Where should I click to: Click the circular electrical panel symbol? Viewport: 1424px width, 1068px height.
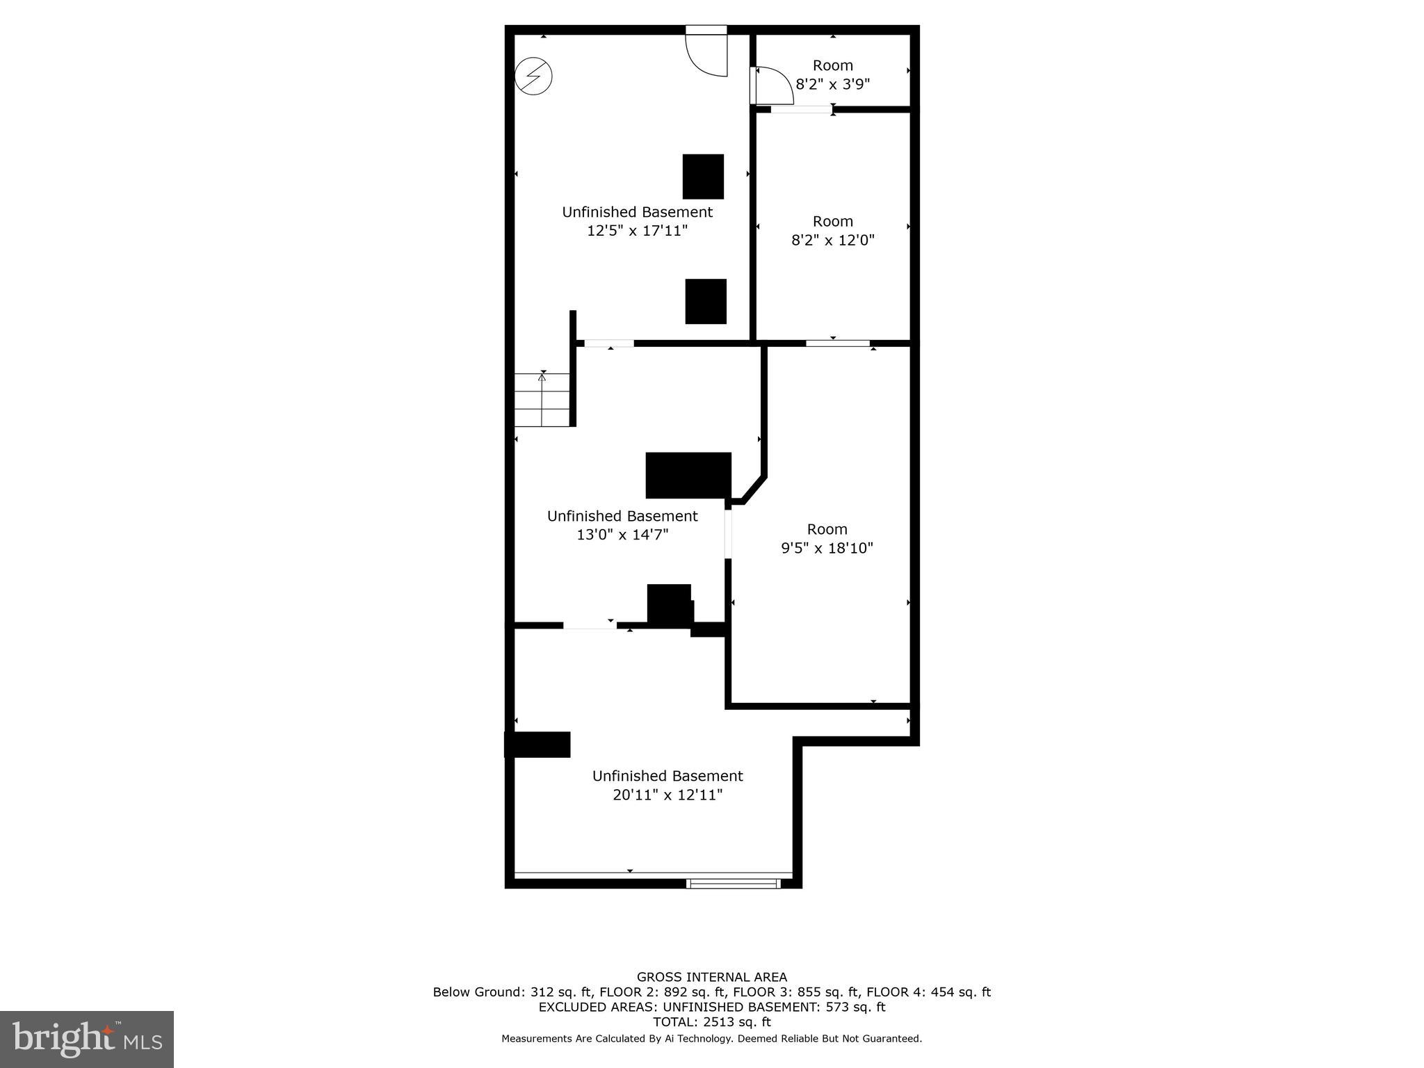click(x=533, y=76)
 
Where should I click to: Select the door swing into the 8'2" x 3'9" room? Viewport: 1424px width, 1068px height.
click(x=772, y=86)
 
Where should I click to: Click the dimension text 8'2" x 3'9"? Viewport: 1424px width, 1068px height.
click(x=832, y=84)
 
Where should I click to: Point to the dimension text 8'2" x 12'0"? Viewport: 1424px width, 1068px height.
click(x=832, y=241)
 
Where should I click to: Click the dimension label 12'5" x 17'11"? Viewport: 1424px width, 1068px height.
click(x=637, y=231)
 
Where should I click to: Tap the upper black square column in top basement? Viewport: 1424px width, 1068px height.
click(x=703, y=177)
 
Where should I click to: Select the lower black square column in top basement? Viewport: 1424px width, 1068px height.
click(x=706, y=301)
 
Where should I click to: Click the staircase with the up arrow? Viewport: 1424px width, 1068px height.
click(x=542, y=400)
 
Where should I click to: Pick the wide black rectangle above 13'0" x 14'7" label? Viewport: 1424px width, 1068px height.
click(x=688, y=476)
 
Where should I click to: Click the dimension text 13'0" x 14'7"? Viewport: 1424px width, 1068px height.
click(x=622, y=535)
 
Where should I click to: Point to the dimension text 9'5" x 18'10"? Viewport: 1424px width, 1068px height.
click(x=827, y=548)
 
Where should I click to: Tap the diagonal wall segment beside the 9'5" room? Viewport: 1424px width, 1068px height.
click(x=754, y=489)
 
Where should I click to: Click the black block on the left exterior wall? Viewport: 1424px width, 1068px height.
click(x=537, y=744)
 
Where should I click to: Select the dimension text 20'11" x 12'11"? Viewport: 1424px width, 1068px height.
click(x=667, y=795)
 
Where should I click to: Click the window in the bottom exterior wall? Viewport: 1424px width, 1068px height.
click(x=733, y=884)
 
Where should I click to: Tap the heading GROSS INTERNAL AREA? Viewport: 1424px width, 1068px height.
click(x=711, y=977)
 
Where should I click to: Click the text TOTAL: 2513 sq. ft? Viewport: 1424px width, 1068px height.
click(x=711, y=1022)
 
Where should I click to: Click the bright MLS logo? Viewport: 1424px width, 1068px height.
click(x=87, y=1039)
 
